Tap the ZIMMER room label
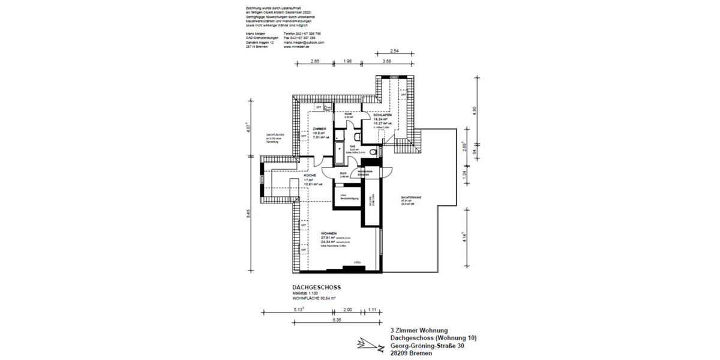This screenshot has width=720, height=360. point(319,128)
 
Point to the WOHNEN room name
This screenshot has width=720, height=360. point(329,233)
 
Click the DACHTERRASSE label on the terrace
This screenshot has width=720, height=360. point(410,197)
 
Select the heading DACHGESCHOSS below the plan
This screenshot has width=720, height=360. point(316,287)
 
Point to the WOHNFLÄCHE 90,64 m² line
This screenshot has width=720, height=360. point(314,298)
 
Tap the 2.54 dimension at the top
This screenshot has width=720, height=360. point(395,51)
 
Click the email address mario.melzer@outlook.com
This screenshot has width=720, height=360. point(304,43)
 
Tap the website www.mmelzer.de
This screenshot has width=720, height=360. point(296,47)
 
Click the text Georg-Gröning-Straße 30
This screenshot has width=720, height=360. point(427,346)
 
